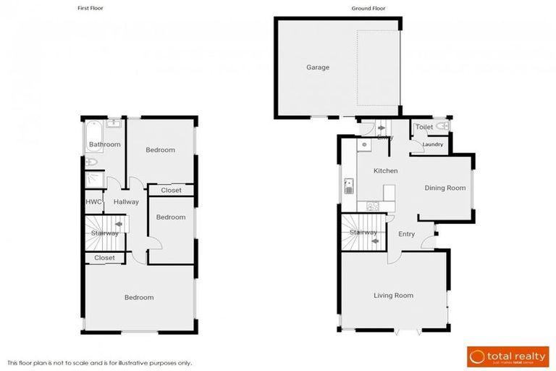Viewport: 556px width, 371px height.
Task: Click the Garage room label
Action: [317, 67]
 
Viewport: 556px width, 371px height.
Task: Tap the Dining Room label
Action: [445, 188]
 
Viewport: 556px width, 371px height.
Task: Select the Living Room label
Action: [393, 295]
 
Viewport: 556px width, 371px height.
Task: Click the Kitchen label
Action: [385, 171]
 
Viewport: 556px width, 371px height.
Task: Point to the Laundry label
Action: [433, 144]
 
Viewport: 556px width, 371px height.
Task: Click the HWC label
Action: [93, 202]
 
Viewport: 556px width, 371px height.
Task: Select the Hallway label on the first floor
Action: [126, 202]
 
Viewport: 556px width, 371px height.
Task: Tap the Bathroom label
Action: [104, 145]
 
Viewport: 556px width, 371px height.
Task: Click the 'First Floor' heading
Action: [90, 9]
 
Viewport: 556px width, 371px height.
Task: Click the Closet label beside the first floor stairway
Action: [104, 258]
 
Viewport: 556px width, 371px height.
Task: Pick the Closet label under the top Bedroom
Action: [171, 191]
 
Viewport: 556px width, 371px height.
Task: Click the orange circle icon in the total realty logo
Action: [478, 356]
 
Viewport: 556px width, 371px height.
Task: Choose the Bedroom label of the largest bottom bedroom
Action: [138, 298]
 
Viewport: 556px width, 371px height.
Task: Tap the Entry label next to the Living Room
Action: [406, 234]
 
